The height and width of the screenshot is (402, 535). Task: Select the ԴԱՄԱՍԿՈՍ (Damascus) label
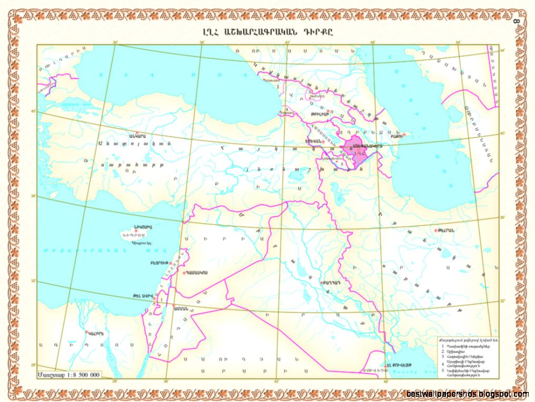click(199, 273)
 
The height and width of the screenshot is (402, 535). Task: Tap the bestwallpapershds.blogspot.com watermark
click(468, 394)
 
